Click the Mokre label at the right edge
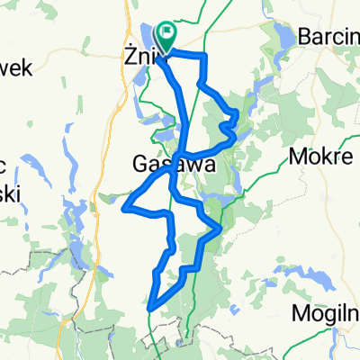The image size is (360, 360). point(321,157)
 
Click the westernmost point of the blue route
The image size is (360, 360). point(122,208)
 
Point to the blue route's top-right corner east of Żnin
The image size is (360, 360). point(206,57)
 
